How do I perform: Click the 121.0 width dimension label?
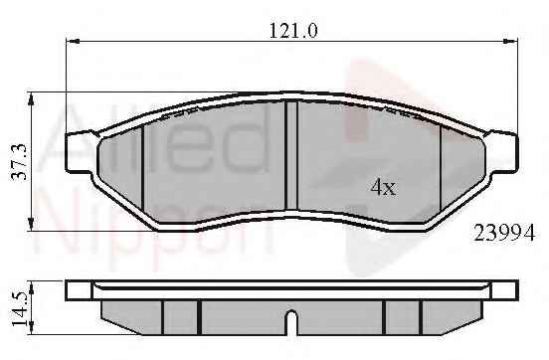[x=293, y=31]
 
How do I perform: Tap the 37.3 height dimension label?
[x=19, y=161]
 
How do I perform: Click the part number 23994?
[x=504, y=233]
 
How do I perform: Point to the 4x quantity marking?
[x=383, y=187]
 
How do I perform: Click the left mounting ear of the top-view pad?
[x=80, y=152]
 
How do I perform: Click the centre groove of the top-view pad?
[x=291, y=155]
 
